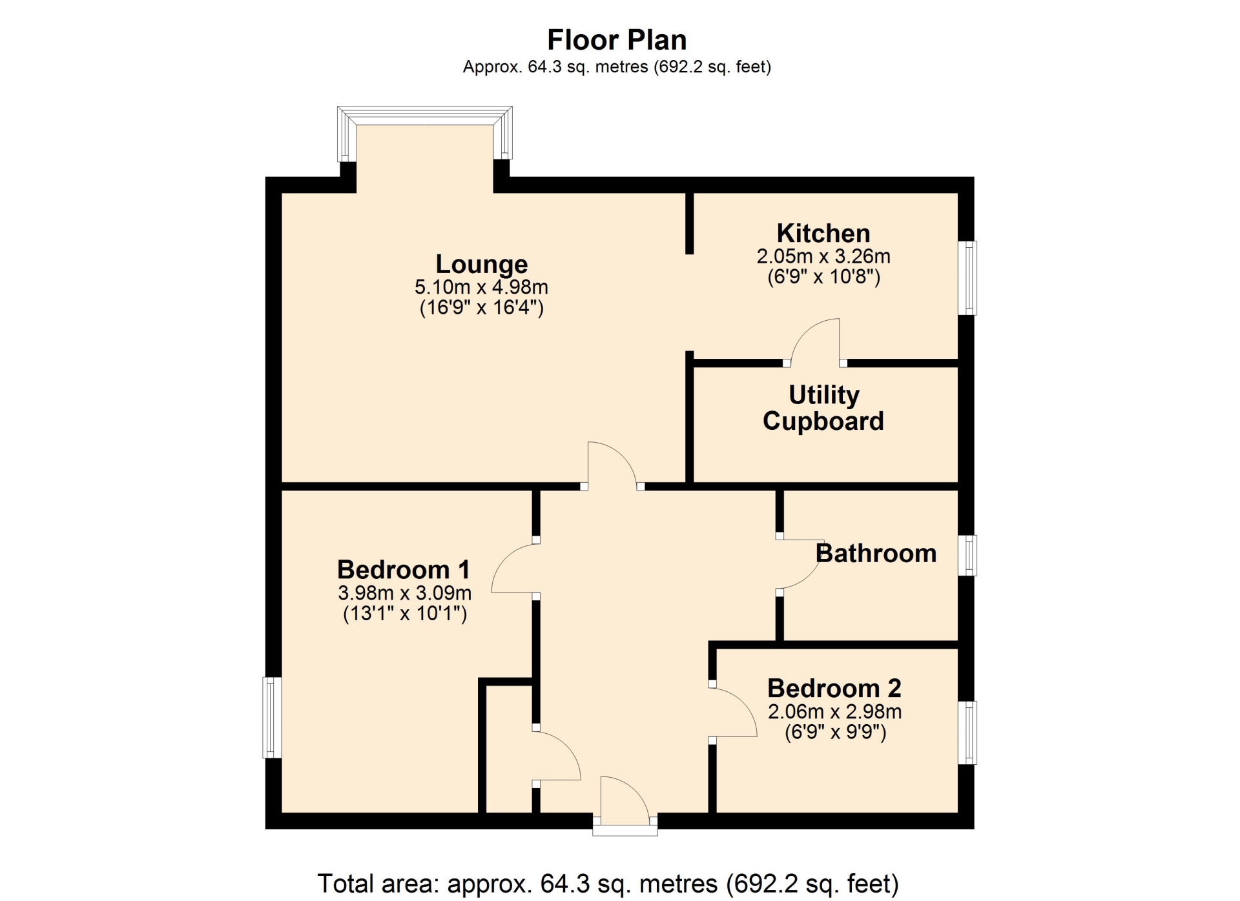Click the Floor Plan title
pyautogui.click(x=617, y=40)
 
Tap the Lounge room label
pyautogui.click(x=482, y=264)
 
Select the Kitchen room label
pyautogui.click(x=823, y=233)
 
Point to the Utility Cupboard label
pyautogui.click(x=823, y=408)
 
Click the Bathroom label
pyautogui.click(x=876, y=553)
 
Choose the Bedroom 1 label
pyautogui.click(x=404, y=569)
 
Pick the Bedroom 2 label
pyautogui.click(x=834, y=688)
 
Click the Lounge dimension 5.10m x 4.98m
pyautogui.click(x=482, y=287)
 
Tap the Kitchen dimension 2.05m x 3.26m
pyautogui.click(x=823, y=256)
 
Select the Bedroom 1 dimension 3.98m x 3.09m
pyautogui.click(x=404, y=592)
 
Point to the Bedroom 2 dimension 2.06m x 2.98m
pyautogui.click(x=834, y=711)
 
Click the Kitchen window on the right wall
pyautogui.click(x=967, y=278)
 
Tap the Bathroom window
pyautogui.click(x=967, y=555)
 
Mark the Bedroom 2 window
pyautogui.click(x=967, y=733)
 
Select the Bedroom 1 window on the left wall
pyautogui.click(x=273, y=717)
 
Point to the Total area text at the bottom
pyautogui.click(x=608, y=883)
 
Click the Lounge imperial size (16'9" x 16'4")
pyautogui.click(x=482, y=307)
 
